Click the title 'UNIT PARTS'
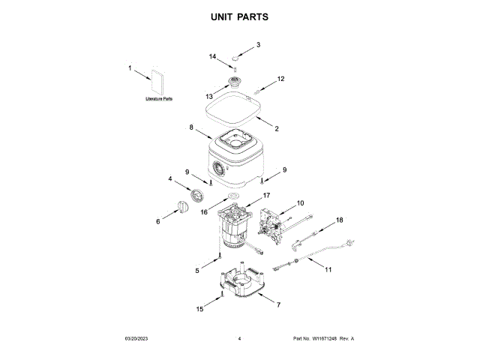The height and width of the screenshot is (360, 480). pyautogui.click(x=239, y=16)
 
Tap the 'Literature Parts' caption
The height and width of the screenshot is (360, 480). pyautogui.click(x=159, y=99)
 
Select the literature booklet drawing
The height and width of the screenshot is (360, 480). pyautogui.click(x=157, y=82)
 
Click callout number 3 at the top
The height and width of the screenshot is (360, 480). pyautogui.click(x=258, y=45)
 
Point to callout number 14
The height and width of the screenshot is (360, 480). pyautogui.click(x=212, y=56)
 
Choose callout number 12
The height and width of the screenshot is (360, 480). pyautogui.click(x=281, y=79)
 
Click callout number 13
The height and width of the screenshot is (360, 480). pyautogui.click(x=209, y=96)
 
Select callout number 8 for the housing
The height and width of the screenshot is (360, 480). pyautogui.click(x=192, y=128)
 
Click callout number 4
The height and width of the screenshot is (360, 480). pyautogui.click(x=170, y=178)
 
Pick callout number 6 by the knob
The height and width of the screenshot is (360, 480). pyautogui.click(x=158, y=221)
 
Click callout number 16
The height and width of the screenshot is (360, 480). pyautogui.click(x=204, y=212)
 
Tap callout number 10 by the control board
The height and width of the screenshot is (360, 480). pyautogui.click(x=300, y=202)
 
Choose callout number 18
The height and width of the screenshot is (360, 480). pyautogui.click(x=338, y=220)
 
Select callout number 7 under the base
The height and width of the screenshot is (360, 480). pyautogui.click(x=278, y=305)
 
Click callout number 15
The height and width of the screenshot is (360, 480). pyautogui.click(x=199, y=308)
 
